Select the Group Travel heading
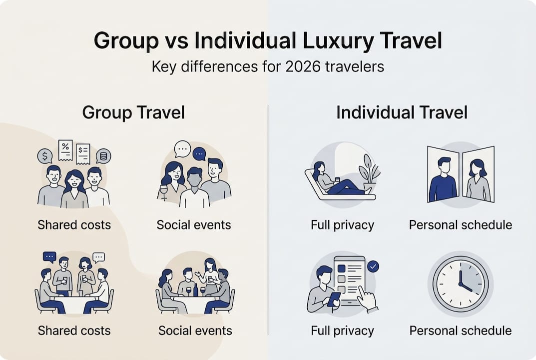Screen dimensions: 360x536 click(x=133, y=112)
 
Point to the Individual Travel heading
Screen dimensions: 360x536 click(x=402, y=112)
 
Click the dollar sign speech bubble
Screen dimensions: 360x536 click(x=44, y=156)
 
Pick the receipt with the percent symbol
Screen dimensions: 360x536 click(x=65, y=149)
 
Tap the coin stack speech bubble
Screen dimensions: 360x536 click(x=103, y=156)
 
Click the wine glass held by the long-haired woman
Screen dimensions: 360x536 click(x=163, y=192)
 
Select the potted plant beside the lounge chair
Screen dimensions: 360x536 click(x=369, y=173)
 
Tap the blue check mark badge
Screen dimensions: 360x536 click(x=373, y=266)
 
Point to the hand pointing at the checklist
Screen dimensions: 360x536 click(x=367, y=299)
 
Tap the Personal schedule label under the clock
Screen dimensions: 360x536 click(x=460, y=330)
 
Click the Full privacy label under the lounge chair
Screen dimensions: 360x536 click(x=342, y=224)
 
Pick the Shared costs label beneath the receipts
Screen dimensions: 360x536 click(x=74, y=224)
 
